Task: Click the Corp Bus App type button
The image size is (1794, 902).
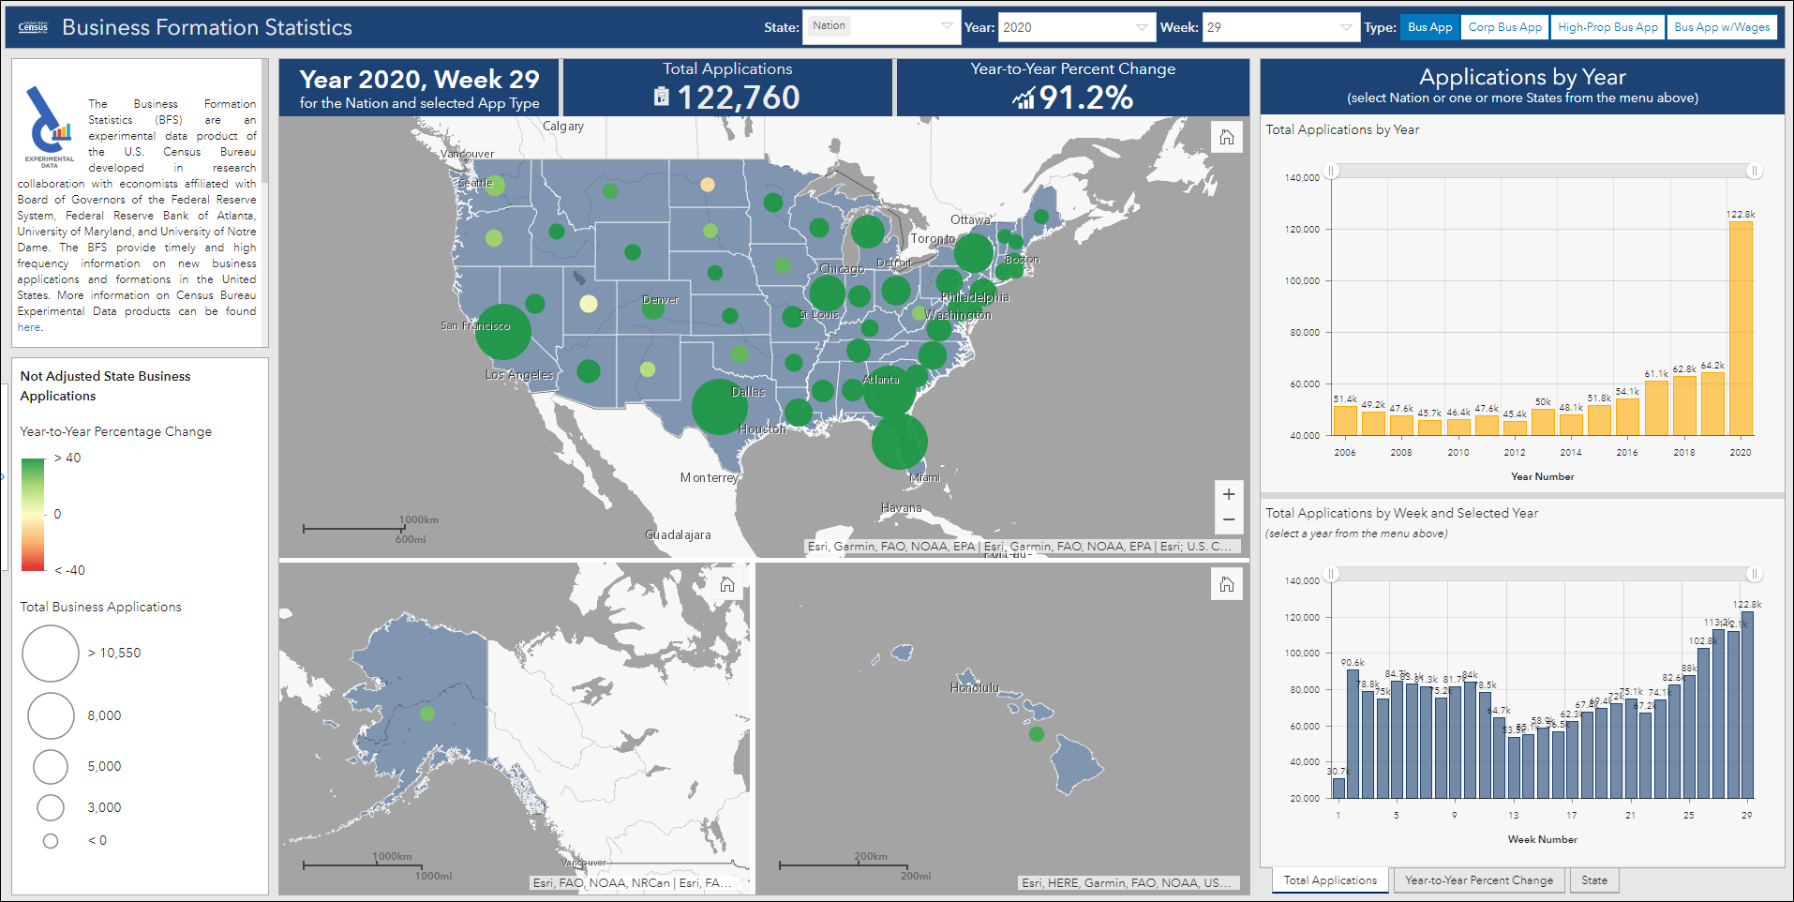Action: (1504, 27)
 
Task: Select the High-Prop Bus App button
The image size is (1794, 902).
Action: (1607, 27)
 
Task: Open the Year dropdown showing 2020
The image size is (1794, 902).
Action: (1074, 27)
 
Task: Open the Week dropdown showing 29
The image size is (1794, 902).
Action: (1279, 27)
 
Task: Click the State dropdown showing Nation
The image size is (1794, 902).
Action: (880, 27)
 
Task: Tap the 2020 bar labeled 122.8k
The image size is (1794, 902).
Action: (1741, 328)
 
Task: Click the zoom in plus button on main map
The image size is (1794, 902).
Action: (1229, 494)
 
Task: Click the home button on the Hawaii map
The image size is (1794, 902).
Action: (1227, 585)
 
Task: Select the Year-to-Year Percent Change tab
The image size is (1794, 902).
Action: (1478, 880)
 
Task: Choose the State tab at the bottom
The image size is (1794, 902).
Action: (1593, 880)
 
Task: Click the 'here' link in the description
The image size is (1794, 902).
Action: (29, 327)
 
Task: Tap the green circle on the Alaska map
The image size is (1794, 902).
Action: (427, 714)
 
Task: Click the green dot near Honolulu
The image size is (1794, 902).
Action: (1036, 734)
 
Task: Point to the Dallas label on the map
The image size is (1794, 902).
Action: (748, 392)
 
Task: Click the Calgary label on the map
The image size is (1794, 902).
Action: (563, 127)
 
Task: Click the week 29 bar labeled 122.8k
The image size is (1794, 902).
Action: (1746, 703)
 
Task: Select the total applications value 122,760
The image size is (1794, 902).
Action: (738, 98)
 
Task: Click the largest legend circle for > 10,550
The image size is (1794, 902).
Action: (51, 654)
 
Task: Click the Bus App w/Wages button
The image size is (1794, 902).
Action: (1722, 27)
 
